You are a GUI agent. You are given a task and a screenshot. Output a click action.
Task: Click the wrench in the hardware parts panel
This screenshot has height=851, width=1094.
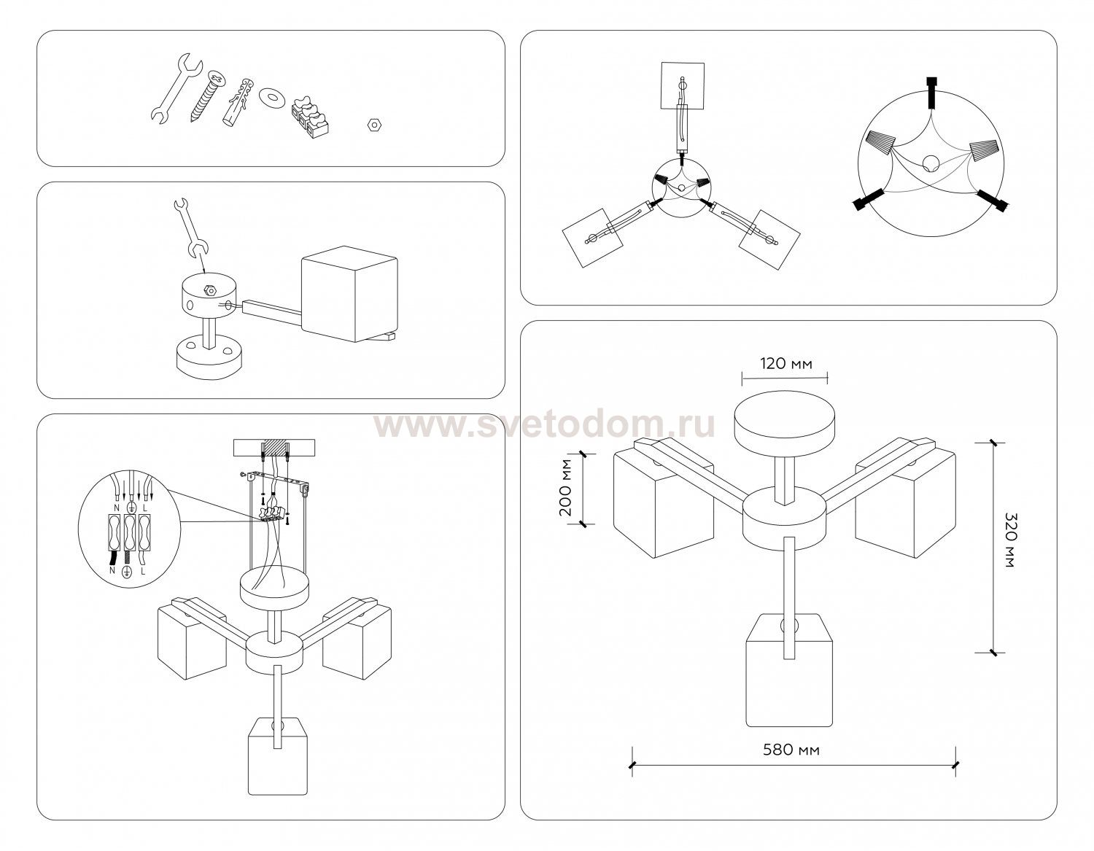(x=176, y=88)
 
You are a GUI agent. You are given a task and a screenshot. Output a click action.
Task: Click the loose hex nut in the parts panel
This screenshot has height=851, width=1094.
(x=373, y=123)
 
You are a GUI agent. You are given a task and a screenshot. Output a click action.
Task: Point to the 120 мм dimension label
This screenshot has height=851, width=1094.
(x=786, y=363)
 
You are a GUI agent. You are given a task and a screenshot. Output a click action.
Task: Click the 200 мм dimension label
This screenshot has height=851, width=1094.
(x=566, y=487)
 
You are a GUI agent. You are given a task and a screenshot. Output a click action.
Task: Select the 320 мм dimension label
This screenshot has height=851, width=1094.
(x=1011, y=540)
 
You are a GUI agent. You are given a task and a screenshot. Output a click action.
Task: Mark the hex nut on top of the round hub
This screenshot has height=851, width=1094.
(x=209, y=290)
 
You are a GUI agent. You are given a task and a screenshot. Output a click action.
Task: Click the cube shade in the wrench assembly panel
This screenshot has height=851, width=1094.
(x=349, y=294)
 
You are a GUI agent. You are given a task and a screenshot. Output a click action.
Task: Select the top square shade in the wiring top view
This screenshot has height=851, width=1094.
(x=682, y=85)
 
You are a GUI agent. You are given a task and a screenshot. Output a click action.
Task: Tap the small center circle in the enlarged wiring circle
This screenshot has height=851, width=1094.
(x=931, y=163)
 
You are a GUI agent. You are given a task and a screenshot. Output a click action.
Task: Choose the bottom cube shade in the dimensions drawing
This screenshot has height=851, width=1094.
(x=789, y=669)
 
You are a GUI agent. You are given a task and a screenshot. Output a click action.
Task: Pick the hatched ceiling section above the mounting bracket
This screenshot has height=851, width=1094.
(x=275, y=447)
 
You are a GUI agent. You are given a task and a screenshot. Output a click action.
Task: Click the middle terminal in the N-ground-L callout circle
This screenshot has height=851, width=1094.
(x=130, y=532)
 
